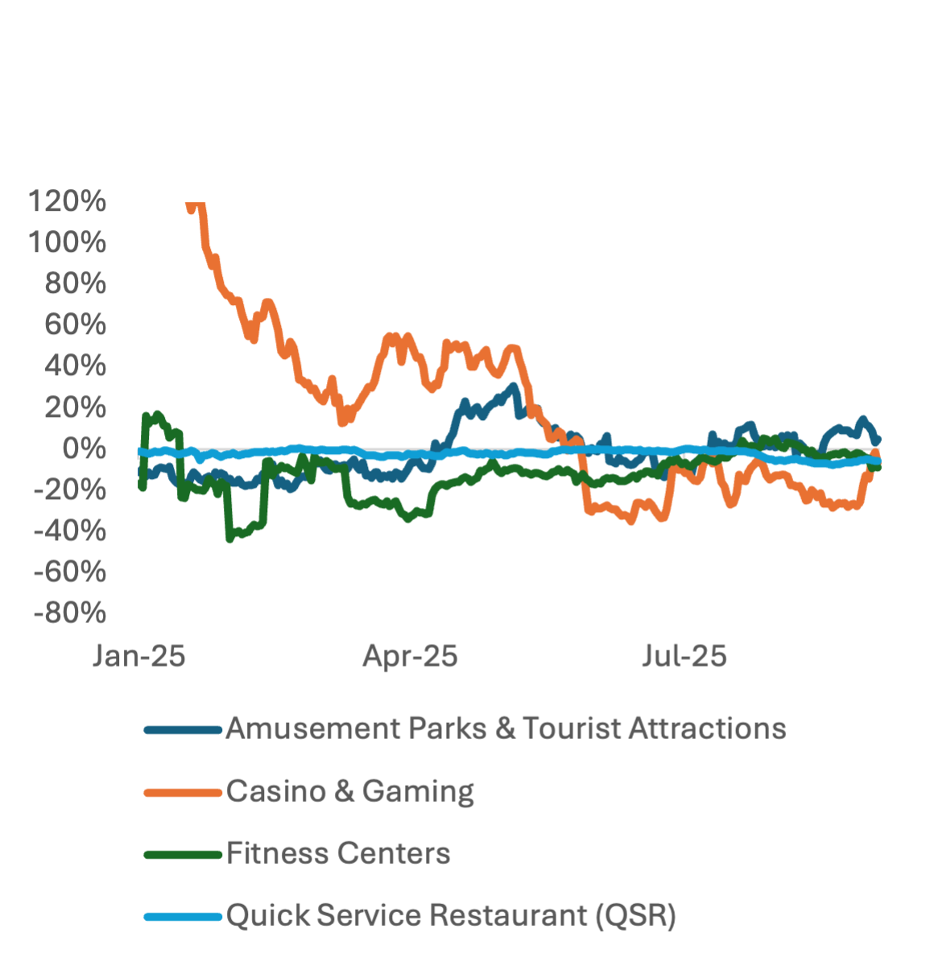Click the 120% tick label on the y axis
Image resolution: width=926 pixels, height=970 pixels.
tap(67, 201)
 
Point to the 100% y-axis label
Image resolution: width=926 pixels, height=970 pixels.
tap(67, 242)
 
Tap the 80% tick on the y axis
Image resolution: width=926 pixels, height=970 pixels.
tap(76, 283)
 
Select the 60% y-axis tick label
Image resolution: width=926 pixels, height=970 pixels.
tap(76, 324)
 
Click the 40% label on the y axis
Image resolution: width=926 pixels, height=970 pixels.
tap(76, 365)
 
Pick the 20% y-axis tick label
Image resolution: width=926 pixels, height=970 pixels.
tap(76, 407)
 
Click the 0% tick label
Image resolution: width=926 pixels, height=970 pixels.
tap(84, 448)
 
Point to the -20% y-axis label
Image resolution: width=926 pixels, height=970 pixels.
tap(70, 489)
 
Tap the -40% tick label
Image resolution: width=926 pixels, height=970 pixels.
tap(70, 530)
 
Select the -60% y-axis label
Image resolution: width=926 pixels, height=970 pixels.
tap(70, 572)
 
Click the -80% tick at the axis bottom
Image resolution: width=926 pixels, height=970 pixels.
tap(70, 613)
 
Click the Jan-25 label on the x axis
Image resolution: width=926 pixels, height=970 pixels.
tap(139, 656)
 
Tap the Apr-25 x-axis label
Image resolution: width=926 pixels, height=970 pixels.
tap(411, 656)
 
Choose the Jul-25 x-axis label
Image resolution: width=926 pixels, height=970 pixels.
tap(684, 656)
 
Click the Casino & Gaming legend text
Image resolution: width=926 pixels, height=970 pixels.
tap(350, 791)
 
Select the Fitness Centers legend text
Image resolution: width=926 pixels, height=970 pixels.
tap(338, 853)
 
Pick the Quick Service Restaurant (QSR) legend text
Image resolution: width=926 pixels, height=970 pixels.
tap(451, 915)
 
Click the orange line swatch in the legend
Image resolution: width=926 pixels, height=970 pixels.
tap(183, 793)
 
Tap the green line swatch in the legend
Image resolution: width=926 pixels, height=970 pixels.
tap(183, 855)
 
